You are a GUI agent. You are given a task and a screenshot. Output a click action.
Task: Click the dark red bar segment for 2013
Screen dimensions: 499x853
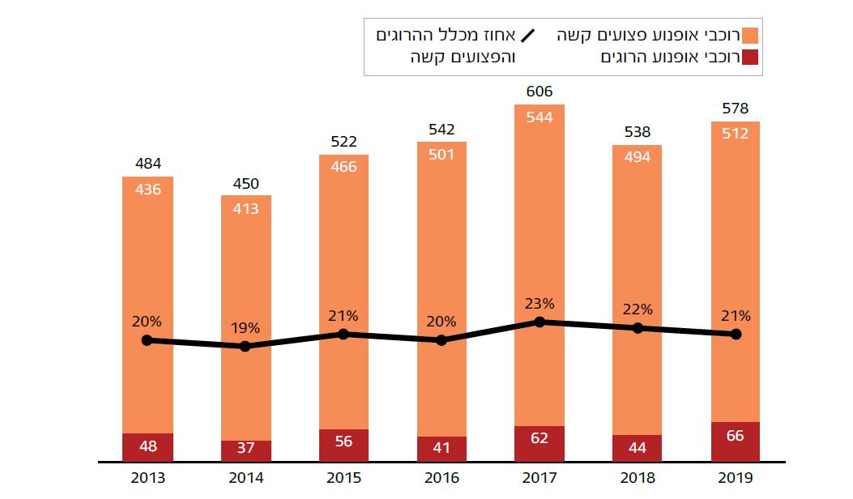click(x=147, y=447)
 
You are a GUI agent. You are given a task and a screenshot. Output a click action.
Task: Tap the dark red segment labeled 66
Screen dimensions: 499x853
click(x=736, y=441)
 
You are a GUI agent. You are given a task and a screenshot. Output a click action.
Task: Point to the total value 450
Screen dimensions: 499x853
click(x=245, y=184)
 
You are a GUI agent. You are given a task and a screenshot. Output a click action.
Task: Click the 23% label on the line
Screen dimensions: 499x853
click(x=540, y=304)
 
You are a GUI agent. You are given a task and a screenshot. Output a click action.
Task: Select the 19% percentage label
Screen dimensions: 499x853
click(x=245, y=328)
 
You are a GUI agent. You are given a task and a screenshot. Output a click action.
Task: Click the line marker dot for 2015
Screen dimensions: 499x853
click(x=343, y=334)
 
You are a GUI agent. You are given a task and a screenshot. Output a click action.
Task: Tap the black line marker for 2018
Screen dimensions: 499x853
click(x=638, y=328)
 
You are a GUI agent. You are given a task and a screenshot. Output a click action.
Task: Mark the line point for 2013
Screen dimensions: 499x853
click(x=147, y=340)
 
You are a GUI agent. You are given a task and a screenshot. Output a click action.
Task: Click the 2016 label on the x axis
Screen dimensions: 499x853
click(x=441, y=478)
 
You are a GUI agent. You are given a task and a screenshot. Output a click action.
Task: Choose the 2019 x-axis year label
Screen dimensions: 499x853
click(x=736, y=478)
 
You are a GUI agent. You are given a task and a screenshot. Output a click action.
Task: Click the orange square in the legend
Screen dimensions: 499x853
click(x=750, y=36)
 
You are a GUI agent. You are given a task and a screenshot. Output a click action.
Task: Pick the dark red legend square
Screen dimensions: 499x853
click(x=750, y=58)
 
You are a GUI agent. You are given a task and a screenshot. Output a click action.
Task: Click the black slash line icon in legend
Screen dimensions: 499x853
click(x=528, y=36)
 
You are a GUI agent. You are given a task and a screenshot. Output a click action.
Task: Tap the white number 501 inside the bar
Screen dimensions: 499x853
click(x=441, y=155)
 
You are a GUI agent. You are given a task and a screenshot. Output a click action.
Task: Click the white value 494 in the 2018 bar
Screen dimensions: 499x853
click(x=638, y=158)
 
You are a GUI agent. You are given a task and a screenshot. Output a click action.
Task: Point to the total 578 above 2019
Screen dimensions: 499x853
click(x=736, y=109)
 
